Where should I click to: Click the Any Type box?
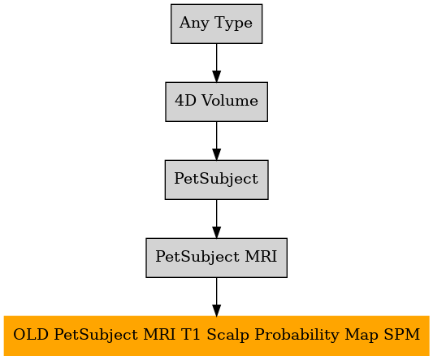pyautogui.click(x=216, y=24)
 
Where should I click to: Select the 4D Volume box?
pyautogui.click(x=216, y=102)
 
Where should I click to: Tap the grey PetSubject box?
pyautogui.click(x=216, y=180)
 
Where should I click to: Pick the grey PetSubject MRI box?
pyautogui.click(x=216, y=258)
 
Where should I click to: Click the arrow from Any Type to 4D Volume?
pyautogui.click(x=216, y=63)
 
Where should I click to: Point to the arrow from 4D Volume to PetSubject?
pyautogui.click(x=216, y=141)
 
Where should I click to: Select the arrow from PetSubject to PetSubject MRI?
pyautogui.click(x=216, y=219)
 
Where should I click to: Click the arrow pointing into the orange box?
pyautogui.click(x=216, y=297)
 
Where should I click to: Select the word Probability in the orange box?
pyautogui.click(x=297, y=336)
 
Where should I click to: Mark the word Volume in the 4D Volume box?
pyautogui.click(x=230, y=100)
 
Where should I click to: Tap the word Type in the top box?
pyautogui.click(x=233, y=24)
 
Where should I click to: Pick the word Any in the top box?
pyautogui.click(x=194, y=24)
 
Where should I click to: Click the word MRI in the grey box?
pyautogui.click(x=261, y=257)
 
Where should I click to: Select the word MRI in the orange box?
pyautogui.click(x=159, y=335)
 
